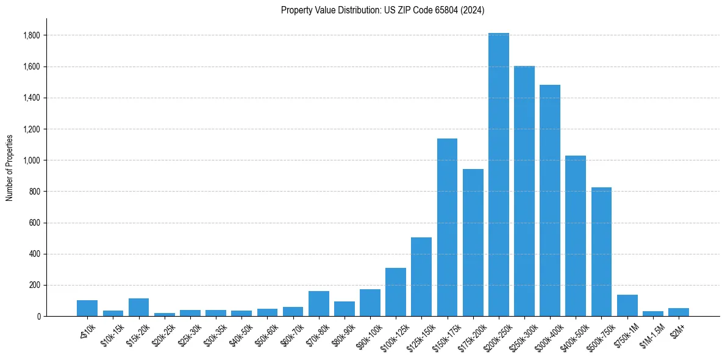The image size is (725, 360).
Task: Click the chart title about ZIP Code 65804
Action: tap(382, 10)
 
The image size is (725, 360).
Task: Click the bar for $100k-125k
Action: tap(395, 292)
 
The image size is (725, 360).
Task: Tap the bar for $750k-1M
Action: tap(627, 305)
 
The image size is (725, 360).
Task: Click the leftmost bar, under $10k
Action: tap(87, 308)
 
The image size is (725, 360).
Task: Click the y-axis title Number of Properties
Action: tap(10, 168)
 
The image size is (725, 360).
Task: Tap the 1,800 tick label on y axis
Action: tap(31, 35)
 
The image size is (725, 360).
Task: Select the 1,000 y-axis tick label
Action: tap(31, 160)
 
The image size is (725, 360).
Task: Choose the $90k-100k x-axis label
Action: tap(368, 335)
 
